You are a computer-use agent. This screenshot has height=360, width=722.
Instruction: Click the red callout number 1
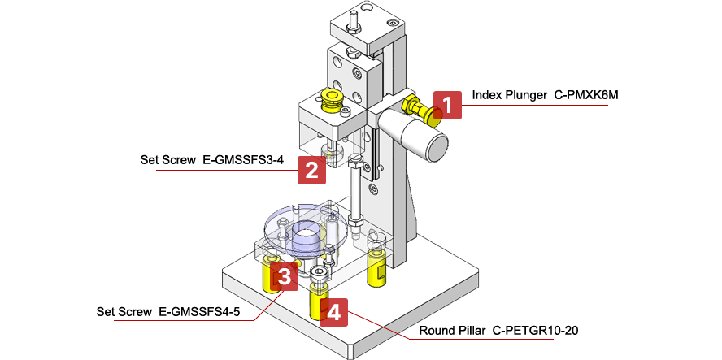[x=447, y=105]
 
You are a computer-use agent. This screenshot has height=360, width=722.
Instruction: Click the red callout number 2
[x=311, y=169]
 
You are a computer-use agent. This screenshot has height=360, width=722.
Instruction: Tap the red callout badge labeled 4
[x=334, y=311]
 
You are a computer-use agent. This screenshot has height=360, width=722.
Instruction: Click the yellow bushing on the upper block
[x=332, y=100]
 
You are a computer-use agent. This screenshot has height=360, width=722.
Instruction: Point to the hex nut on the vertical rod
[x=356, y=219]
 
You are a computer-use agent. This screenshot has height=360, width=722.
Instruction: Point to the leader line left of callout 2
[x=220, y=169]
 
